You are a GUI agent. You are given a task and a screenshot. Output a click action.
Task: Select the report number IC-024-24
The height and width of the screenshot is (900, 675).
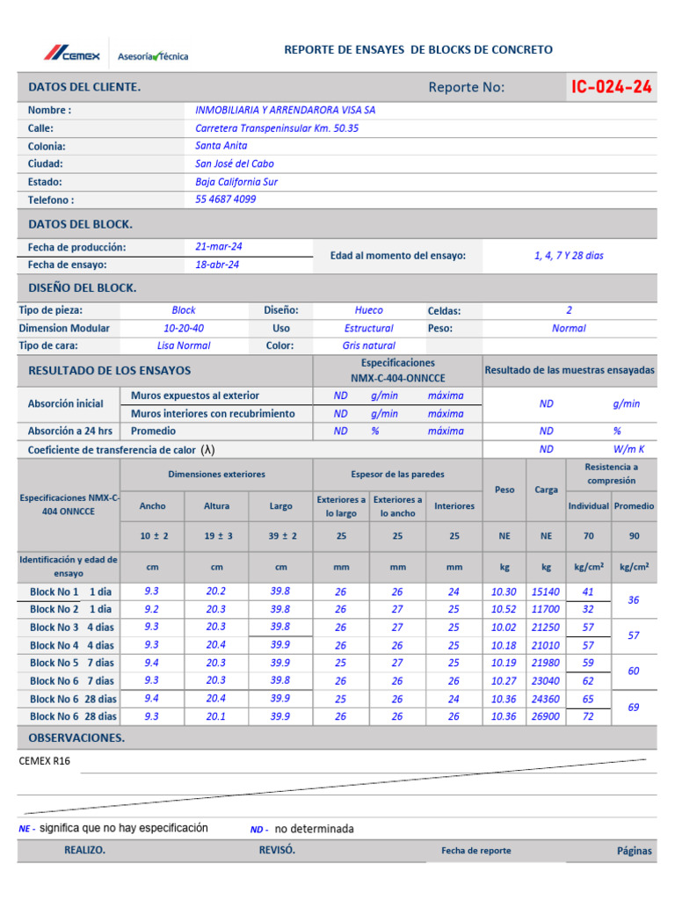point(611,86)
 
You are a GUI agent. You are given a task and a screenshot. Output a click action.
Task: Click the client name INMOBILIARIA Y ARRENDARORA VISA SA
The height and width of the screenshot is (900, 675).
point(285,111)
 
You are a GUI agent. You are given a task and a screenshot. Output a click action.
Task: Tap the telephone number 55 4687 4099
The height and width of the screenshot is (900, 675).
point(226,200)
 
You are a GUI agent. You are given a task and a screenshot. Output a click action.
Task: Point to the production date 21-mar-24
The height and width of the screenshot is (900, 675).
point(219,247)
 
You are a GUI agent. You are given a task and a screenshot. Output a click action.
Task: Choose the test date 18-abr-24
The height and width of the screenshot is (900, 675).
point(217,265)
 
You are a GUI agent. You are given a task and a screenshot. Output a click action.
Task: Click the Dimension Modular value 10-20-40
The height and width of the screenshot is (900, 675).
point(184,328)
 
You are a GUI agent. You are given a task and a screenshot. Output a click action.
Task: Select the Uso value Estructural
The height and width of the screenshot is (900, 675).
point(368,328)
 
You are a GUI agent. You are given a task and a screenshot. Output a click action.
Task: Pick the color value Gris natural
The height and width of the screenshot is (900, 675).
point(368,345)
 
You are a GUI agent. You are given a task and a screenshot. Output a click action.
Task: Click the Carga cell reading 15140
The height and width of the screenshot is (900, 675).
point(546,592)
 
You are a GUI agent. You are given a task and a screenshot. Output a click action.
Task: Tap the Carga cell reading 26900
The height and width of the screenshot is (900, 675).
point(546,716)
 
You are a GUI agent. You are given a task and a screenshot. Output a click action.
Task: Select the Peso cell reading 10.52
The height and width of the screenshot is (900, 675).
point(504,609)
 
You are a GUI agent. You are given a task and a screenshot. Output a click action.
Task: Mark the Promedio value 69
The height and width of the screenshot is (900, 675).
point(633,707)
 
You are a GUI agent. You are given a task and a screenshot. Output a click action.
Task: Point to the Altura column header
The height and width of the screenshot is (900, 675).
point(216,506)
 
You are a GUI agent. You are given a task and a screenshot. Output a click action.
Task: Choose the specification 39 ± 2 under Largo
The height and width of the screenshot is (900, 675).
point(281,536)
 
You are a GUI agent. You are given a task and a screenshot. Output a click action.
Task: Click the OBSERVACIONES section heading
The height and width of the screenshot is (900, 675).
point(76,737)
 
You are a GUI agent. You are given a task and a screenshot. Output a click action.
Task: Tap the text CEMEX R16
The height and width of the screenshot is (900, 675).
point(44,761)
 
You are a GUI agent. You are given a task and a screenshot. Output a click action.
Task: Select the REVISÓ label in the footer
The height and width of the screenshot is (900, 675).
point(277,850)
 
